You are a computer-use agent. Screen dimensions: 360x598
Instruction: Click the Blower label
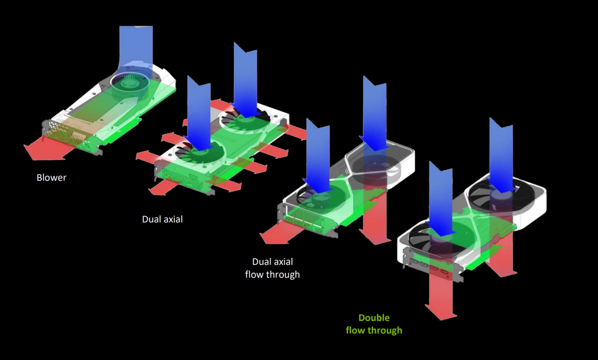51,178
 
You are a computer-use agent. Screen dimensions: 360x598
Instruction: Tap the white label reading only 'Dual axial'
162,219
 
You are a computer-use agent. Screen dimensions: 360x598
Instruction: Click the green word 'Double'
374,318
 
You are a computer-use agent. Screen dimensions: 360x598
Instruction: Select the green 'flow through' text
374,331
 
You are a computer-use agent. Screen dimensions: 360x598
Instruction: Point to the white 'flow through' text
272,275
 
